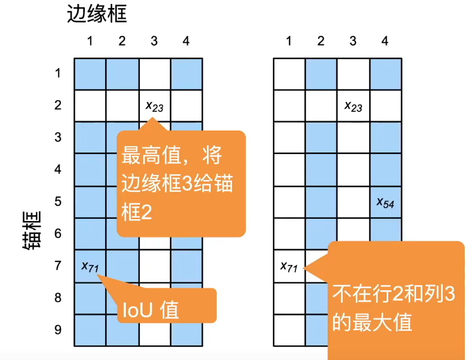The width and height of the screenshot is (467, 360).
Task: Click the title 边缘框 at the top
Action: [97, 14]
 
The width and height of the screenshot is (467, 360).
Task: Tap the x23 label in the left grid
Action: [155, 105]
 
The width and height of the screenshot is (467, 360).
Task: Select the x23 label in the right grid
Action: [353, 105]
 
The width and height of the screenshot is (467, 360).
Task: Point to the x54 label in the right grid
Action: [385, 202]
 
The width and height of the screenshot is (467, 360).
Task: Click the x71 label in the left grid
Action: [90, 266]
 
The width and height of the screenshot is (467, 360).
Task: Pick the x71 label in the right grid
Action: [289, 265]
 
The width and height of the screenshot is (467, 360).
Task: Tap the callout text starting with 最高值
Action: [181, 184]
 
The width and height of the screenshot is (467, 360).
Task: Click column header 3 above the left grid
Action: [155, 41]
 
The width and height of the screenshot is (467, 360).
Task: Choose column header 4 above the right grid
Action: [385, 41]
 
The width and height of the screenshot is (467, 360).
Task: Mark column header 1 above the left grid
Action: [90, 41]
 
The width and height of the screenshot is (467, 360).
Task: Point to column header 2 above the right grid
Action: [321, 41]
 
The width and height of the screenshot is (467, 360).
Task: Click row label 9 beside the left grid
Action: [58, 330]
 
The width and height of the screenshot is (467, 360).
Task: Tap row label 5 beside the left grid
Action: [58, 201]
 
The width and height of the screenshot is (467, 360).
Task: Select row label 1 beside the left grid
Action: [58, 73]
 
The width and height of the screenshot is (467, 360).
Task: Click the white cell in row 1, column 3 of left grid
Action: [155, 74]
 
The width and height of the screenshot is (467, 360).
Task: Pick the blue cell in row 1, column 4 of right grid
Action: [386, 74]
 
